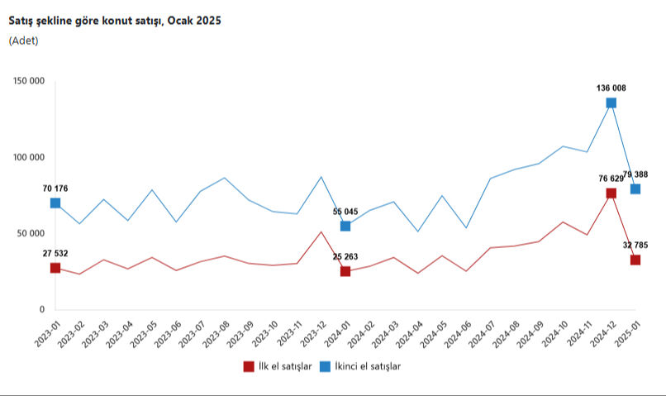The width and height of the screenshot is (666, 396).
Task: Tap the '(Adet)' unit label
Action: [x=24, y=41]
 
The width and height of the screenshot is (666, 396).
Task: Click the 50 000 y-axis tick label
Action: [x=30, y=234]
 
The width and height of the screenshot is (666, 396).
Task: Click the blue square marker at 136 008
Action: [x=611, y=103]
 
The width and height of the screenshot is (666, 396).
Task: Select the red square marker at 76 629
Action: [x=611, y=193]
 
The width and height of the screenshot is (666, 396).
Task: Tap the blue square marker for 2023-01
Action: [x=55, y=203]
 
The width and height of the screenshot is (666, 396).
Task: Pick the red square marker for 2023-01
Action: [x=55, y=268]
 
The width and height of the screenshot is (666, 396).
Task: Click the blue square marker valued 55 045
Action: [x=345, y=226]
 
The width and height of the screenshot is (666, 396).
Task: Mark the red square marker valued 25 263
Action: [x=345, y=271]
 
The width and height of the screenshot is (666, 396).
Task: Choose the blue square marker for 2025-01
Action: [x=635, y=188]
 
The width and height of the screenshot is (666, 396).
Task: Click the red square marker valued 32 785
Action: [x=635, y=260]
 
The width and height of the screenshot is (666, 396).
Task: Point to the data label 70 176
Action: [x=55, y=188]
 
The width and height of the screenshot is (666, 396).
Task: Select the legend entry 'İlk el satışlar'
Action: [x=277, y=366]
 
